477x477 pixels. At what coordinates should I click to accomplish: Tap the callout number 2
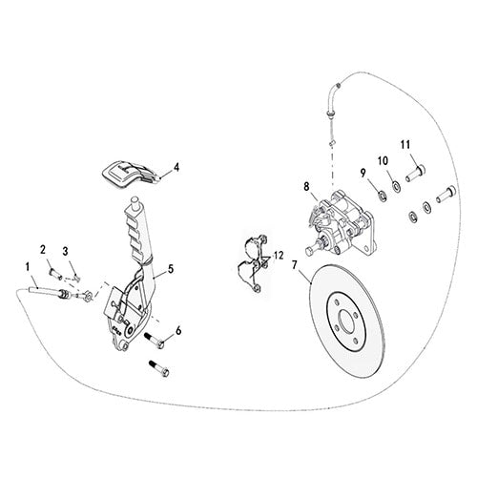(x=43, y=249)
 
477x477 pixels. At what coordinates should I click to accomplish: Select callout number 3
(x=65, y=252)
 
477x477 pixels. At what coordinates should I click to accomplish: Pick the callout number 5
(x=171, y=270)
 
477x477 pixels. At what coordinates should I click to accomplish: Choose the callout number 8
(x=306, y=187)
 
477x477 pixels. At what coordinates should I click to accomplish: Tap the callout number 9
(x=363, y=172)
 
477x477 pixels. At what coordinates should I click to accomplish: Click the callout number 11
(x=404, y=144)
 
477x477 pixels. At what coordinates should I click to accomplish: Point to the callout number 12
(x=279, y=255)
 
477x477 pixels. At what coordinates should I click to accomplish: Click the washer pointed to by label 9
(x=380, y=197)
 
